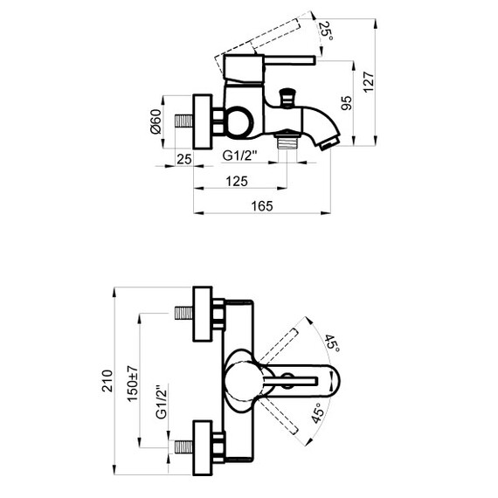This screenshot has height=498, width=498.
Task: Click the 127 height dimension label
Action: [x=369, y=82]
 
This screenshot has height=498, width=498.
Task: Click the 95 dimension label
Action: [x=347, y=103]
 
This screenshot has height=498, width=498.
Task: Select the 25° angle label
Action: [x=327, y=31]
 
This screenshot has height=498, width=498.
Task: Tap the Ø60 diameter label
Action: [x=156, y=121]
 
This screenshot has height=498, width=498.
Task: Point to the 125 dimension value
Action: [x=237, y=182]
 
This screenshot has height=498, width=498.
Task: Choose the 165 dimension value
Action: [x=262, y=206]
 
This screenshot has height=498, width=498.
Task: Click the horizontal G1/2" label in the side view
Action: [x=239, y=156]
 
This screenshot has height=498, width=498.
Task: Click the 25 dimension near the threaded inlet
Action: [x=184, y=159]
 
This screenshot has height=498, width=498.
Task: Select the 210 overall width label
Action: [x=107, y=381]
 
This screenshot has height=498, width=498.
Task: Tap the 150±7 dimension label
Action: [x=133, y=384]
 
